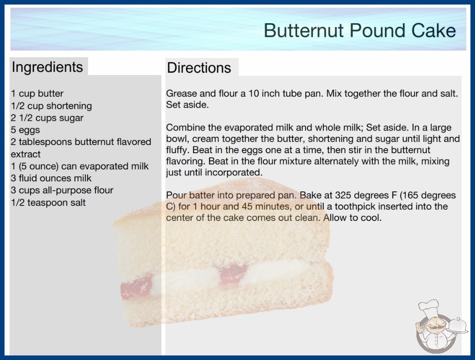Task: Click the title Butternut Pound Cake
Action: click(x=360, y=30)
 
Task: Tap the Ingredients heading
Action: click(x=47, y=67)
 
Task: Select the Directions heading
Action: click(x=199, y=68)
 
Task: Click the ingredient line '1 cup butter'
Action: click(x=37, y=94)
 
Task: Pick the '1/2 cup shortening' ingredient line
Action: click(x=51, y=106)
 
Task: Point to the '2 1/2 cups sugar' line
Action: click(x=47, y=118)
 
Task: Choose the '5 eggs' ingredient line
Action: click(x=25, y=130)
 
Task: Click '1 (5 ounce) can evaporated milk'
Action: click(x=79, y=166)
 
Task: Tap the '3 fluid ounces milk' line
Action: click(x=51, y=178)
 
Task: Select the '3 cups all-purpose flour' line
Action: click(x=62, y=190)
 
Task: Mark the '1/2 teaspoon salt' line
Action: click(x=48, y=202)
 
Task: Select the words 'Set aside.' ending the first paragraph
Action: click(x=188, y=105)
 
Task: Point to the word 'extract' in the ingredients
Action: click(x=25, y=154)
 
